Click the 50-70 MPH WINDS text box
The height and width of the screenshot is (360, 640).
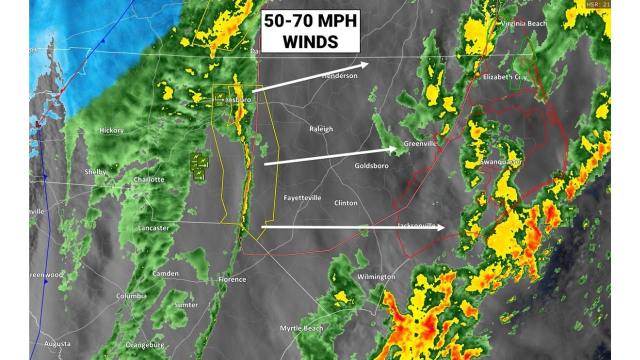click(310, 31)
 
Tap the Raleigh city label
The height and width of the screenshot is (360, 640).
click(321, 129)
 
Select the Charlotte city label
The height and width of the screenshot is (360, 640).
click(149, 179)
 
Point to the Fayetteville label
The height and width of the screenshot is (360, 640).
click(302, 198)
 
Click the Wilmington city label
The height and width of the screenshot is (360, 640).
click(376, 277)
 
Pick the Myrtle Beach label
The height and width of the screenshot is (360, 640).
click(301, 328)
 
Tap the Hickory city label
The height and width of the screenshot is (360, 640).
click(111, 130)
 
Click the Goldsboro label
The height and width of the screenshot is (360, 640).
click(371, 166)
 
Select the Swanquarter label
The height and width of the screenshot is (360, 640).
click(501, 162)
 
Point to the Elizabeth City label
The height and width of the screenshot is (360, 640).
click(505, 77)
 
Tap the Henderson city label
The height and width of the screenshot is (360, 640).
click(339, 76)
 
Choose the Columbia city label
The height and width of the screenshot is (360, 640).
click(131, 296)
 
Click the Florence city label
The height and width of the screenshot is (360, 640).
click(232, 279)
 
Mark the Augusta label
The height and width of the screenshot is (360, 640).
click(57, 344)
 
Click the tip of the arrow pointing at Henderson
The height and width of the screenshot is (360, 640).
click(367, 63)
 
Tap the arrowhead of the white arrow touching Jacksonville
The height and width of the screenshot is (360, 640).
click(443, 227)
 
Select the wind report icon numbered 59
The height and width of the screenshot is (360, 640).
click(219, 99)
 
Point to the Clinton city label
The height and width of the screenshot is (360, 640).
click(346, 203)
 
